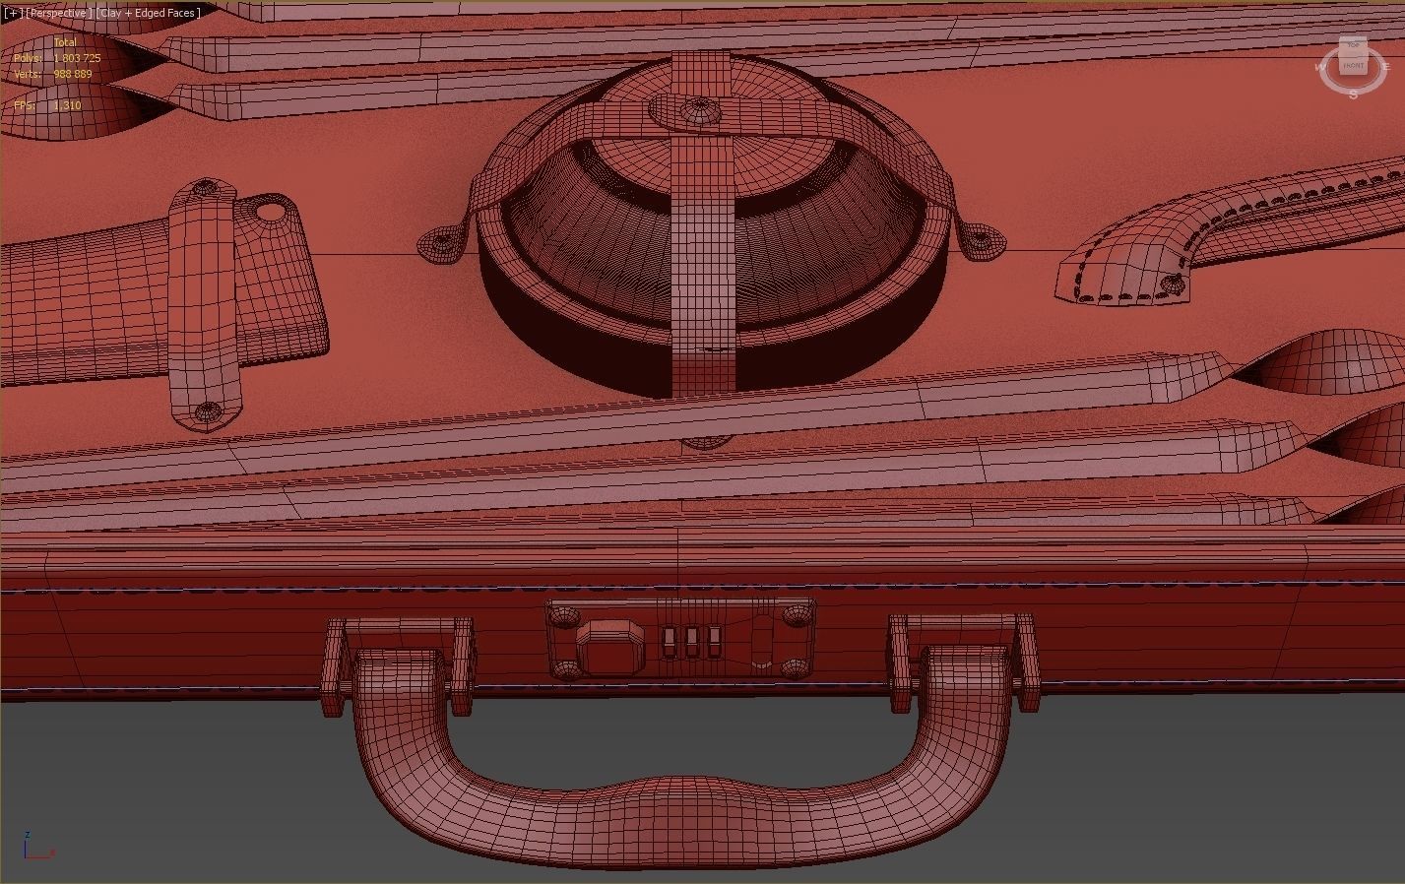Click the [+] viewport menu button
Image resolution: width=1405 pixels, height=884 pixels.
[12, 13]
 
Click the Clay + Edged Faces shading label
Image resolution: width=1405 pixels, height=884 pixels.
[148, 13]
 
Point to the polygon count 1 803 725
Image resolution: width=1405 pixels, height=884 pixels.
[77, 58]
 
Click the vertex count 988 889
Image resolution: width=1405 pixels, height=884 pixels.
[72, 74]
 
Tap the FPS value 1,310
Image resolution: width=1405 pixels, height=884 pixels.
[67, 105]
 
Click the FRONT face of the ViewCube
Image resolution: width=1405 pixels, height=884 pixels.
[1354, 66]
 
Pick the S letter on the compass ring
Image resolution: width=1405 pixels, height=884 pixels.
[1354, 95]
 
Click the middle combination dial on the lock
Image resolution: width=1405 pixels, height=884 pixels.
[691, 642]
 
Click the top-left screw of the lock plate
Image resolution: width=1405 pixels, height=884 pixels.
[563, 615]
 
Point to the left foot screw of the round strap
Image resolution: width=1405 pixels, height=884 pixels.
[439, 242]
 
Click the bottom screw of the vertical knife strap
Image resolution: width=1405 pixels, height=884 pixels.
[206, 413]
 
